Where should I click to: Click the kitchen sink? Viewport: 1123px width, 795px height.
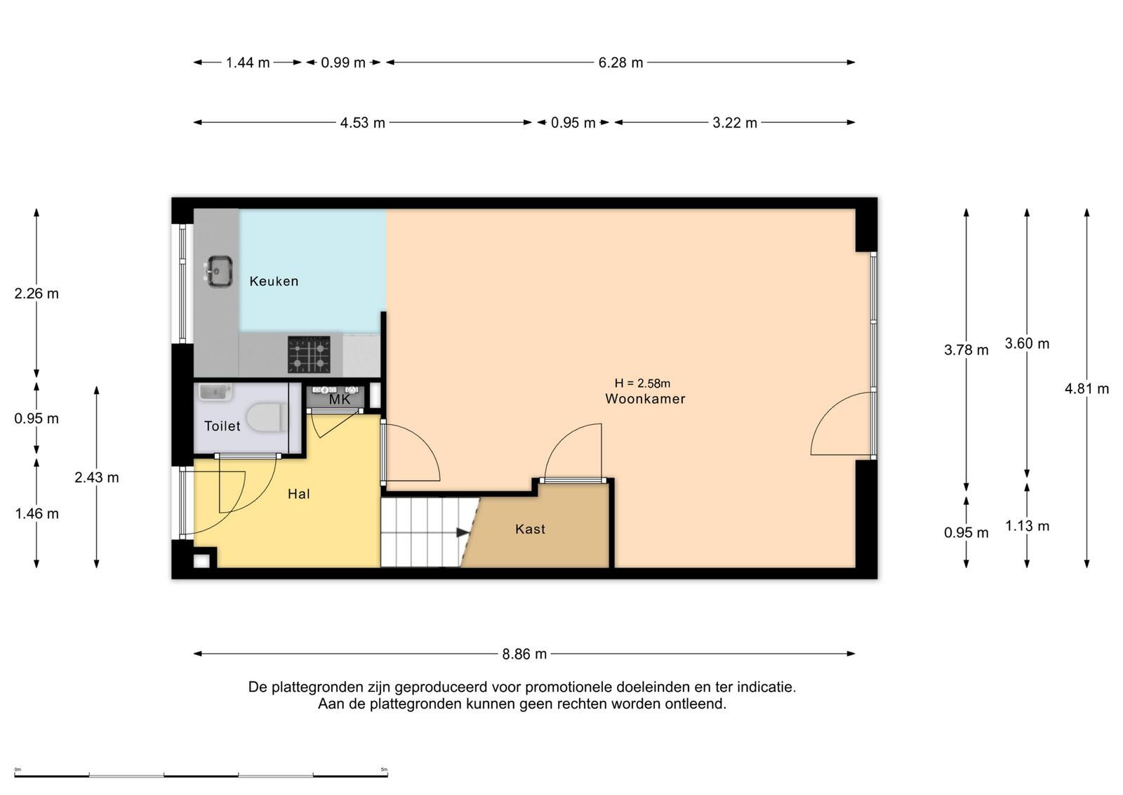[x=219, y=271]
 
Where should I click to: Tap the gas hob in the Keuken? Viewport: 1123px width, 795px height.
[x=309, y=355]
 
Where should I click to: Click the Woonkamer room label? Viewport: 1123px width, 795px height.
[x=645, y=399]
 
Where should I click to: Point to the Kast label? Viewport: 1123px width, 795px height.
[x=530, y=529]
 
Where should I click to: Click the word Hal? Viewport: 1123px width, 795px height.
[x=299, y=494]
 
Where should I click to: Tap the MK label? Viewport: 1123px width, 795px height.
[x=340, y=400]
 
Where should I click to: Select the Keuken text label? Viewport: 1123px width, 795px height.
[x=274, y=281]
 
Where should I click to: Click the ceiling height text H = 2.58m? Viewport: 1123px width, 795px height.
[x=642, y=383]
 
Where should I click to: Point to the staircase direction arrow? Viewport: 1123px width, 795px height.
[x=463, y=532]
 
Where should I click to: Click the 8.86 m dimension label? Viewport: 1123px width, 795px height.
[x=524, y=654]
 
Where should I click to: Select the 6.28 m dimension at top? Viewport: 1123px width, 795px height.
[x=620, y=63]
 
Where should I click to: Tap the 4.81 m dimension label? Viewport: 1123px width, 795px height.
[x=1087, y=389]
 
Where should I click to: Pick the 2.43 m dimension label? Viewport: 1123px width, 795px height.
[x=97, y=478]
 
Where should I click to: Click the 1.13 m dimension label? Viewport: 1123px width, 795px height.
[x=1028, y=525]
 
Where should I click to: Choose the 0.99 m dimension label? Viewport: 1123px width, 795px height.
[x=343, y=63]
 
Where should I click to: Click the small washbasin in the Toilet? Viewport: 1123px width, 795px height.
[x=215, y=392]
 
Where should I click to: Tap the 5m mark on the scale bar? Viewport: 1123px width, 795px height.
[x=384, y=770]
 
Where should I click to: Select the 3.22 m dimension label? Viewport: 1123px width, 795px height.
[x=735, y=123]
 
